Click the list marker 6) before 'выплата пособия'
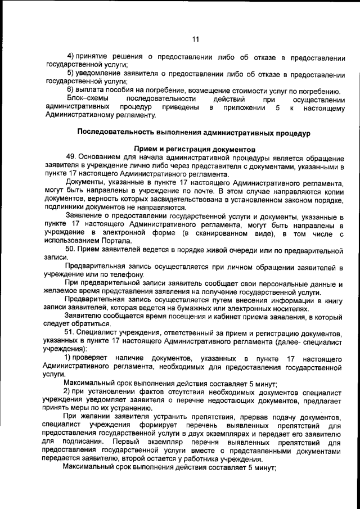pyautogui.click(x=71, y=91)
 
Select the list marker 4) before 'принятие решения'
pyautogui.click(x=71, y=58)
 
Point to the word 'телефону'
pyautogui.click(x=118, y=274)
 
